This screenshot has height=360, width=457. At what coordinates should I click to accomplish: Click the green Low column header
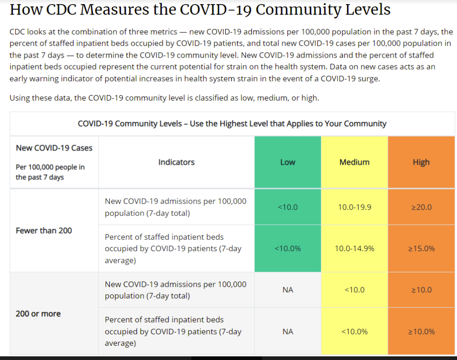point(288,162)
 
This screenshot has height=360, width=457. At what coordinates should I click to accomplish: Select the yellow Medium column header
point(354,162)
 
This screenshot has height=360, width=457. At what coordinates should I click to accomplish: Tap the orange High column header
point(421,162)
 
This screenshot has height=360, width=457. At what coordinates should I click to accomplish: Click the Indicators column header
point(176,162)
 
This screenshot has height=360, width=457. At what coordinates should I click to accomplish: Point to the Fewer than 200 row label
point(44,231)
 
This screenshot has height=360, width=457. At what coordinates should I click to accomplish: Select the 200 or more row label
point(38,314)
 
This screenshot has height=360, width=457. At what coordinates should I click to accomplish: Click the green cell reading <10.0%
point(288,249)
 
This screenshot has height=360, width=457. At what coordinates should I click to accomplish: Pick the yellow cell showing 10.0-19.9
point(354,207)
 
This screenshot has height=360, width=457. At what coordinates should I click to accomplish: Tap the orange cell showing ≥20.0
point(421,207)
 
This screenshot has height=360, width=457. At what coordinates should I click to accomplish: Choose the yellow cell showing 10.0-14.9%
point(354,249)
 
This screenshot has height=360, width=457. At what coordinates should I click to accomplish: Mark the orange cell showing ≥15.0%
point(421,249)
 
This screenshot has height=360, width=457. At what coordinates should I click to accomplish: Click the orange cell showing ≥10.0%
point(421,332)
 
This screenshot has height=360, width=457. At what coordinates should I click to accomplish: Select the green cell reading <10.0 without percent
point(288,207)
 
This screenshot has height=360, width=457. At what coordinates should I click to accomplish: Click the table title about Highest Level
point(232,124)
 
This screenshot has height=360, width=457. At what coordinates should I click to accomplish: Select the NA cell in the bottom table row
point(288,332)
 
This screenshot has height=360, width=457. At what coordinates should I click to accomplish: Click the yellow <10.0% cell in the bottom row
point(354,332)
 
